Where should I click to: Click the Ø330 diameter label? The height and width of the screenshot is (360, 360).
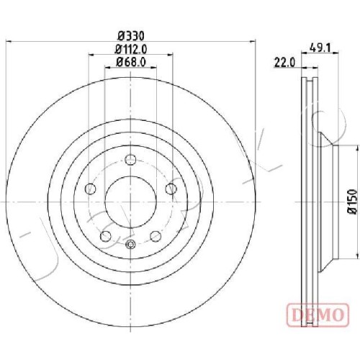coord(131,36)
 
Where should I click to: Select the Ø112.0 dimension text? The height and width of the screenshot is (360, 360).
coord(131,50)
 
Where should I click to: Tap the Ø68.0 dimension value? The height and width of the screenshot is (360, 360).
coord(131,63)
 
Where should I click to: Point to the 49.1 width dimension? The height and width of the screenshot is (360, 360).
coord(320,48)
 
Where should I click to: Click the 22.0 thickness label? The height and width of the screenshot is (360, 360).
coord(284,63)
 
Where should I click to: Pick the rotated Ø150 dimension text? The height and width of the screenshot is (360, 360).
coord(352,201)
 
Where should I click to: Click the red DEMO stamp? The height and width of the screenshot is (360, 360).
coord(318,315)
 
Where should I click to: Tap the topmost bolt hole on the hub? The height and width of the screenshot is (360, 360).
coord(131,159)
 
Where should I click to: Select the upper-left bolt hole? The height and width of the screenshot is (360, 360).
coord(91,189)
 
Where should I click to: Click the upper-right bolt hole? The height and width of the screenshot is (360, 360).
coord(171,189)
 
